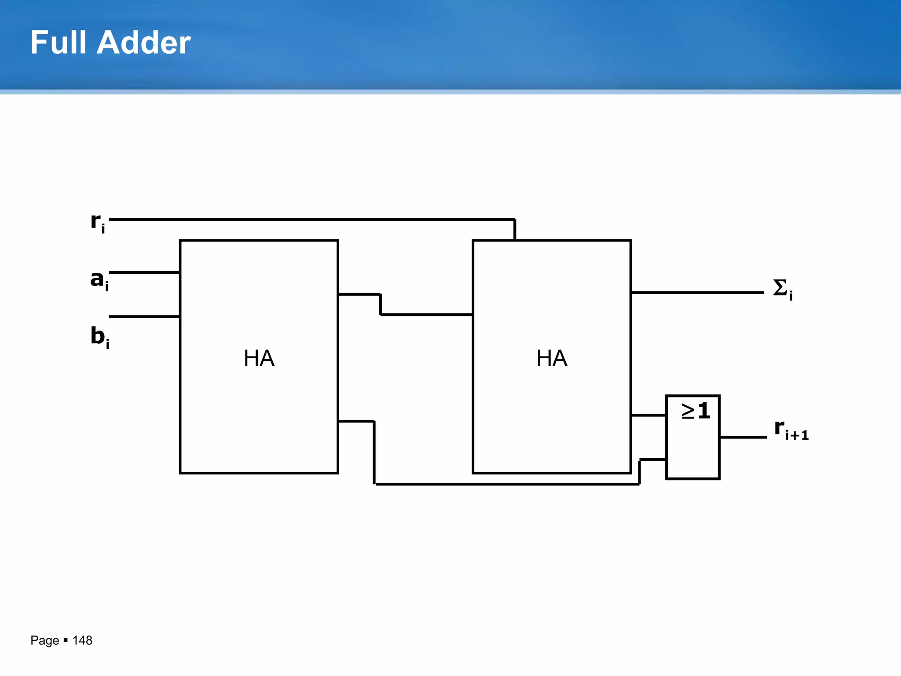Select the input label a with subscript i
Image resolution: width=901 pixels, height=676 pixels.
tap(99, 280)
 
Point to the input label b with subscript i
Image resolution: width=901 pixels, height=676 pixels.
tap(99, 337)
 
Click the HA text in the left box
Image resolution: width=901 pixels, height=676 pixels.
tap(259, 358)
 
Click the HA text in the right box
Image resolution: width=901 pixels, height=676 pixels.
tap(552, 358)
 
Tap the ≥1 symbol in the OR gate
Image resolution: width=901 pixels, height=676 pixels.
tap(696, 411)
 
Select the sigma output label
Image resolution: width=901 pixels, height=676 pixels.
tap(782, 289)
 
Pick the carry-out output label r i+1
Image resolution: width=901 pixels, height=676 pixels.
tap(791, 429)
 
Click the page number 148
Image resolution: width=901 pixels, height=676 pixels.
tap(82, 640)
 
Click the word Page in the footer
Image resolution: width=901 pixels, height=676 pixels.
tap(44, 640)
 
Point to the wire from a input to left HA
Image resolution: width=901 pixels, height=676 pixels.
tap(144, 272)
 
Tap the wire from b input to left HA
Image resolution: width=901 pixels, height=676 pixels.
tap(144, 316)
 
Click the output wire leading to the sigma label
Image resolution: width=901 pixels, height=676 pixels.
tap(697, 292)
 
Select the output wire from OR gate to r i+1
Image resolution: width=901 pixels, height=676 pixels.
tap(743, 437)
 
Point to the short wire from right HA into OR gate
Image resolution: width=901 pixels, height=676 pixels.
tap(648, 415)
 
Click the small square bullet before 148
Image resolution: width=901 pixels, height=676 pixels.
tap(66, 640)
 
